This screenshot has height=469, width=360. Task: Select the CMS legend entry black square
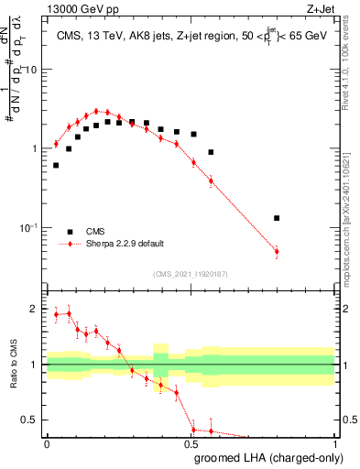(70, 231)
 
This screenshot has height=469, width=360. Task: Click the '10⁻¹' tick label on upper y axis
(29, 227)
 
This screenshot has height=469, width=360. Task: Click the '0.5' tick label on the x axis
(191, 444)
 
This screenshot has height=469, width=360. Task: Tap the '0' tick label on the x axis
(47, 444)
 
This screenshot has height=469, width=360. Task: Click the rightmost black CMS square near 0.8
(277, 218)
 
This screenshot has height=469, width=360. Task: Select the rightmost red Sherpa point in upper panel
(277, 251)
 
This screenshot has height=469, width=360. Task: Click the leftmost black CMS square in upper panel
(56, 166)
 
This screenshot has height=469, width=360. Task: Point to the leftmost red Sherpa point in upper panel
(56, 144)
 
